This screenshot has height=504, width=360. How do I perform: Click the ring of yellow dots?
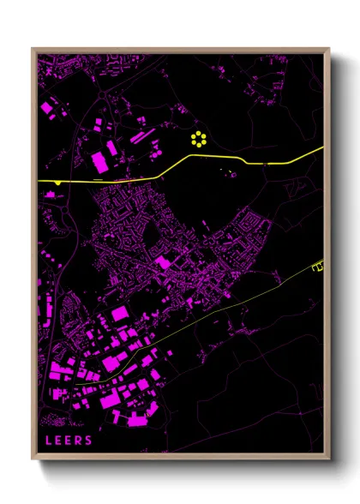pos(199,140)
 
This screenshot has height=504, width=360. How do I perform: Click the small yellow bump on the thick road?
pos(57,183)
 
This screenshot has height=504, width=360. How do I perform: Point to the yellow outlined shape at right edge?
pos(319,267)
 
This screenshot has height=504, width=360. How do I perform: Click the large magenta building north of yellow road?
pos(99,160)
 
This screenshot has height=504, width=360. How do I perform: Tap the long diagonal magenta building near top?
pos(141,135)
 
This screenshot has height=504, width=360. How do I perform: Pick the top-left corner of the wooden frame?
pos(33,49)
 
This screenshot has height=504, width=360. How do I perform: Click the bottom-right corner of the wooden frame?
pos(329,459)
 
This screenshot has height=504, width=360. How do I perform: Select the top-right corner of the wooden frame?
pos(329,49)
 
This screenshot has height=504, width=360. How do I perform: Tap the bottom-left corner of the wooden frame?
pos(33,459)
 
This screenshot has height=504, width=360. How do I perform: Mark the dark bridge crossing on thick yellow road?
pos(268,163)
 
